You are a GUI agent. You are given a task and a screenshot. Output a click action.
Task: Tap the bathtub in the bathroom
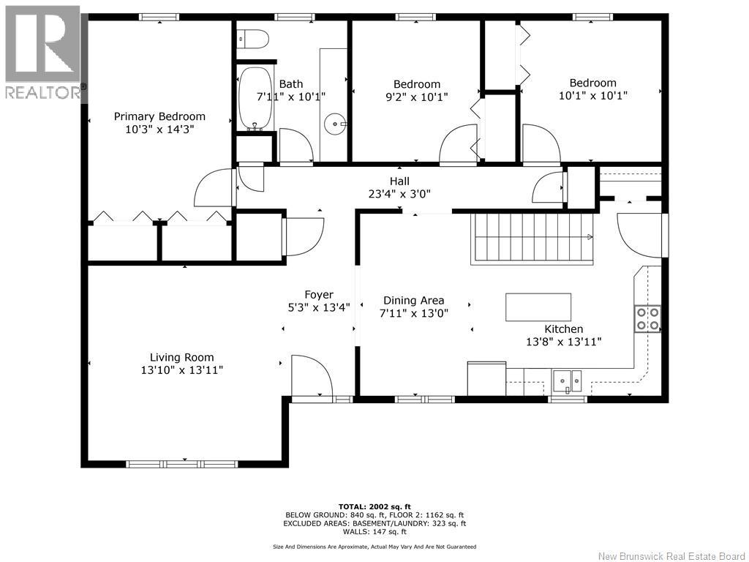coord(255,98)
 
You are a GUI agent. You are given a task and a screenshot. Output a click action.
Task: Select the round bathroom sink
coord(335,124)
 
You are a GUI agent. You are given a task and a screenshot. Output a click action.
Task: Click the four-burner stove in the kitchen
coord(647,319)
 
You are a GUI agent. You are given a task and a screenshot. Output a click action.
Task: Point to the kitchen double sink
coord(568,381)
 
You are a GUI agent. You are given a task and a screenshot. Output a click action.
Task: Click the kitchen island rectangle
coord(538,307)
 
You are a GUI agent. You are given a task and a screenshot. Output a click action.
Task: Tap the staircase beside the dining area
coord(532,239)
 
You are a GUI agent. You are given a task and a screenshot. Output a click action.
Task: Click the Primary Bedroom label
coord(159,116)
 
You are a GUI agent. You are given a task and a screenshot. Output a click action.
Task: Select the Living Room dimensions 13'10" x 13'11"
coord(181,370)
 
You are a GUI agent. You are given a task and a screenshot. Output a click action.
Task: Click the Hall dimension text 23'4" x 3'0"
coord(399,193)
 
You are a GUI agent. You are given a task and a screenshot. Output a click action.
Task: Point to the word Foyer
coord(319,295)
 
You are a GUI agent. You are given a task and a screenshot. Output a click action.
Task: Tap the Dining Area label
coord(414,301)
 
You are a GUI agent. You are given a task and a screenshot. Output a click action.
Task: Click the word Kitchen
coord(564,329)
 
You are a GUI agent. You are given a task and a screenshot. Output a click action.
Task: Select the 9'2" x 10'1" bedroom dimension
coord(416,97)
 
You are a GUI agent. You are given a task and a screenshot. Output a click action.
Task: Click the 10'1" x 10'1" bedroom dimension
coord(592,96)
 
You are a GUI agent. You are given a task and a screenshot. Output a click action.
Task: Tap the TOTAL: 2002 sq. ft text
coord(374,506)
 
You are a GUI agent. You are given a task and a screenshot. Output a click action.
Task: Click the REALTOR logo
coord(43,53)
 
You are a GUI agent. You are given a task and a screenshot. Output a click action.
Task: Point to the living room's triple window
coord(181,464)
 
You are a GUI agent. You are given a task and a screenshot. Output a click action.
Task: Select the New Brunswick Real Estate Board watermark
coord(671,556)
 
